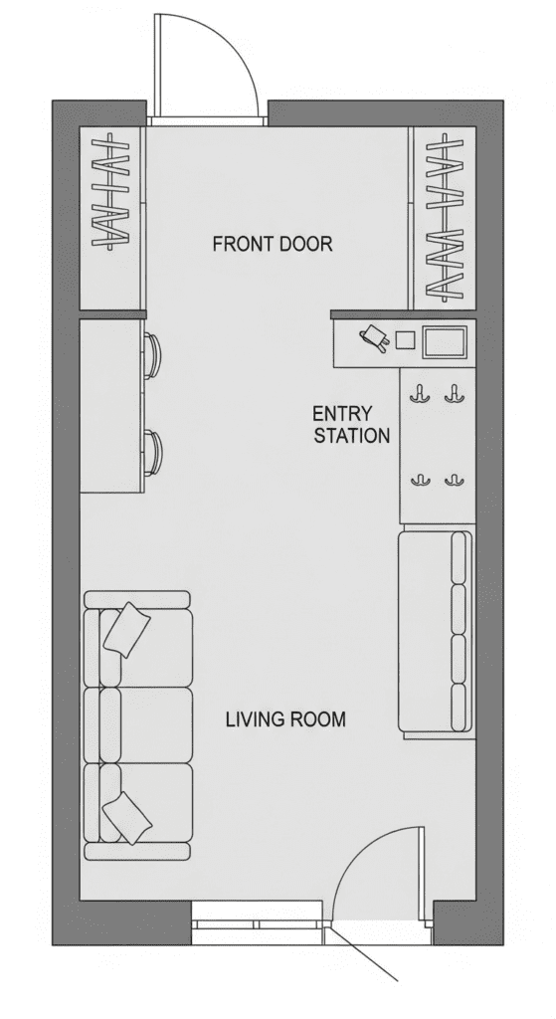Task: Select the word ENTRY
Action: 342,414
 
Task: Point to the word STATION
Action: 352,436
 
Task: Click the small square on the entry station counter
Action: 405,340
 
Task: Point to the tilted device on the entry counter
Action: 373,338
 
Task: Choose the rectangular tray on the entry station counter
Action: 445,342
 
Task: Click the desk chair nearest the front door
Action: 152,355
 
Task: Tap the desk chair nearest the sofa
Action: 152,452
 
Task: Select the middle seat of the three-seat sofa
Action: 147,724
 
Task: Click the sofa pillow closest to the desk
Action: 127,629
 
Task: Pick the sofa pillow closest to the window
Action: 128,818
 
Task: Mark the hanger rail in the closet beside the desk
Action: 110,192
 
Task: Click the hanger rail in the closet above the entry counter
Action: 446,217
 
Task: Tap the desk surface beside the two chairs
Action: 111,406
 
